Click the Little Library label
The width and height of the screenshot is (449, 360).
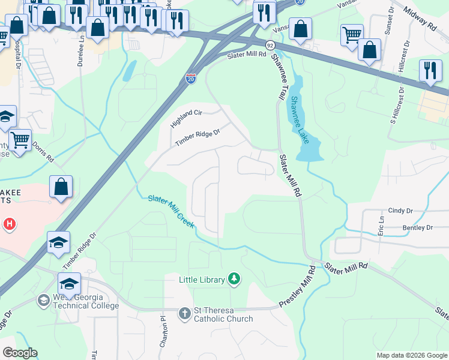(202, 280)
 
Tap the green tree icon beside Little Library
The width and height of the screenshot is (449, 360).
(234, 279)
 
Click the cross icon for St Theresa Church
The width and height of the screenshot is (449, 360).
(185, 313)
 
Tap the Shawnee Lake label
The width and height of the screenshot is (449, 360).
(299, 120)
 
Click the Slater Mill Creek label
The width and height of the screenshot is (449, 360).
(171, 211)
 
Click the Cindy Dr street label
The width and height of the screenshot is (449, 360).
(400, 211)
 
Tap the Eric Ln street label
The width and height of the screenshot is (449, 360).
(381, 226)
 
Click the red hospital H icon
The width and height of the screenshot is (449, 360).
(9, 225)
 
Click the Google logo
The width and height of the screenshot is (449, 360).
(20, 353)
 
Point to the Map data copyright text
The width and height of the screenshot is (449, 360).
(412, 355)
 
